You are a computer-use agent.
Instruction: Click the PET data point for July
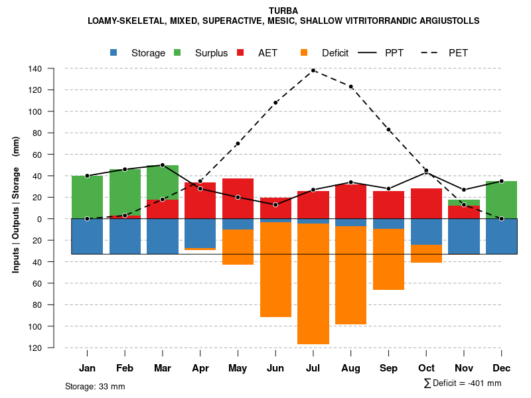[313, 70]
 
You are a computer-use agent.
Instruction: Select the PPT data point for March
[163, 165]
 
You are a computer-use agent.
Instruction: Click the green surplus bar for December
[502, 200]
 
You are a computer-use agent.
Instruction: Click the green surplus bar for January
[87, 197]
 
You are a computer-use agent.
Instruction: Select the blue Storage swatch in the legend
[114, 53]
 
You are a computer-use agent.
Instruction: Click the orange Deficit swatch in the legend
[305, 53]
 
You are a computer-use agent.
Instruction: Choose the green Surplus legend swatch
[178, 53]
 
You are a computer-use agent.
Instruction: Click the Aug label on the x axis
[350, 368]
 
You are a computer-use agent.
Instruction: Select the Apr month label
[200, 368]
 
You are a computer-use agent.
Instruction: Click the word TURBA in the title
[283, 11]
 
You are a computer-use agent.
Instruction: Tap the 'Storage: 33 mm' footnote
[95, 386]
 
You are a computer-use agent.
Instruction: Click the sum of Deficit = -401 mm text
[463, 383]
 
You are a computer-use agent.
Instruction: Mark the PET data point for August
[350, 86]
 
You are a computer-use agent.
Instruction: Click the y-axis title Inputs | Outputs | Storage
[16, 204]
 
